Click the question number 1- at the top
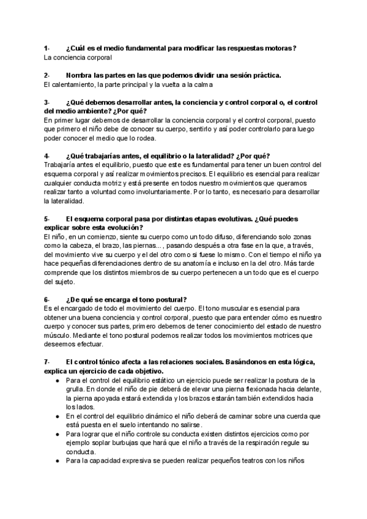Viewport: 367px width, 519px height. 46,48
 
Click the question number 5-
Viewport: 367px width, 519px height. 46,218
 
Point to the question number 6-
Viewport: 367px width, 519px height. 46,299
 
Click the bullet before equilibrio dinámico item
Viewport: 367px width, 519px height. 57,416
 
